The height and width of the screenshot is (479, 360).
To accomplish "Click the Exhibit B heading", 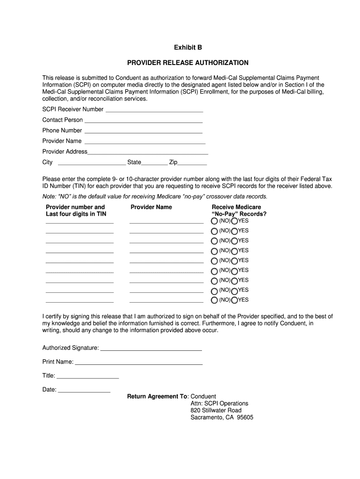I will click(x=188, y=48).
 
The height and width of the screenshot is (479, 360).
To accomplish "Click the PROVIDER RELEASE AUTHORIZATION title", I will click(x=188, y=63).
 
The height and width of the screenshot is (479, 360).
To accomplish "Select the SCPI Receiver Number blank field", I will click(x=154, y=110).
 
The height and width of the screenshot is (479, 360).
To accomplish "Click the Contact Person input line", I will click(x=144, y=121).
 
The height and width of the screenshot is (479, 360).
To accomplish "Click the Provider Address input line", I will click(x=148, y=152).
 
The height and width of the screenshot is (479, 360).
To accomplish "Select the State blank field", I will click(x=154, y=163).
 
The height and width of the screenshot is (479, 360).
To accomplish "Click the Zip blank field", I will click(x=192, y=163).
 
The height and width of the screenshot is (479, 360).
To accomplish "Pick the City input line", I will click(x=91, y=163).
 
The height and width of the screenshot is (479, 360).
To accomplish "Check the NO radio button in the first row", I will click(x=214, y=221).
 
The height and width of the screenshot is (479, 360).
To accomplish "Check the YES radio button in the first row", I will click(x=235, y=221).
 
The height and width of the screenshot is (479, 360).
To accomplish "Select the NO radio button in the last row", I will click(x=214, y=300).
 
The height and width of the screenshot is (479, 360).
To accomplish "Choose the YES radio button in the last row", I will click(x=235, y=300).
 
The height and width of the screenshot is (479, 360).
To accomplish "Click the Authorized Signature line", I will click(x=151, y=348).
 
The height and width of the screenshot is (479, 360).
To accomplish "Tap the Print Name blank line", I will click(x=138, y=363).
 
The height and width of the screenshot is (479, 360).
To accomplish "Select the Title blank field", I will click(x=88, y=377).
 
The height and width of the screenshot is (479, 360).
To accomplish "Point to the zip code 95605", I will click(x=245, y=418).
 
